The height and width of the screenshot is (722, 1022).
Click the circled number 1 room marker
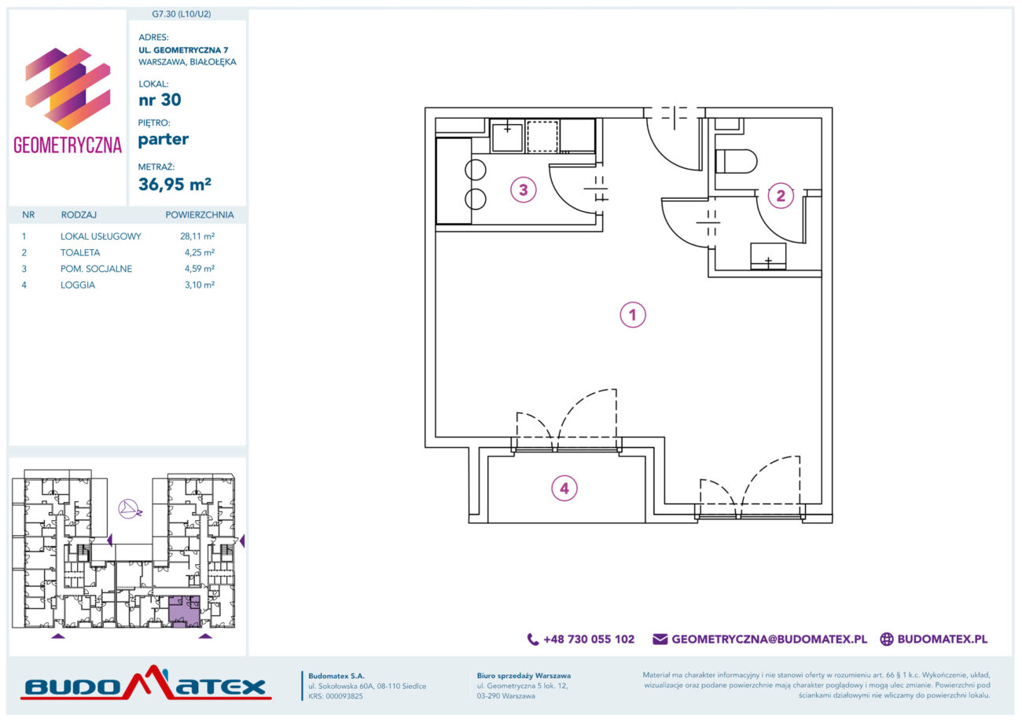pyautogui.click(x=632, y=314)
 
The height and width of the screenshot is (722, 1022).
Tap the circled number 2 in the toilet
pyautogui.click(x=781, y=196)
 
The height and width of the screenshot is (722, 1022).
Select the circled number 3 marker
pyautogui.click(x=524, y=189)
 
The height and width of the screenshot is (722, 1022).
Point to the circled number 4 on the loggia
pyautogui.click(x=564, y=488)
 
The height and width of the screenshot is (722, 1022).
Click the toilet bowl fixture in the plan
pyautogui.click(x=737, y=161)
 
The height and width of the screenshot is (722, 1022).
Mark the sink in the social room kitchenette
pyautogui.click(x=507, y=135)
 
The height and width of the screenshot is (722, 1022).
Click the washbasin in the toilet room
pyautogui.click(x=768, y=255)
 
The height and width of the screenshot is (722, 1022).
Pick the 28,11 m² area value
pyautogui.click(x=197, y=236)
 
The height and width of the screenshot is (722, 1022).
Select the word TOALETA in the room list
pyautogui.click(x=80, y=252)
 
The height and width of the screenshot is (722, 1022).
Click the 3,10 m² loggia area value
pyautogui.click(x=200, y=285)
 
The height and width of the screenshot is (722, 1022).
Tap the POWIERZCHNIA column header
pyautogui.click(x=200, y=215)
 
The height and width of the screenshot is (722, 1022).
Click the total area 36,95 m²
pyautogui.click(x=175, y=184)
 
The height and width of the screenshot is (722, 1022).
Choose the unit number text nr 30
pyautogui.click(x=160, y=100)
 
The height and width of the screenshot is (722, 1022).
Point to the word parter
pyautogui.click(x=163, y=139)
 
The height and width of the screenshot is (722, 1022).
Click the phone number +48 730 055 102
pyautogui.click(x=589, y=639)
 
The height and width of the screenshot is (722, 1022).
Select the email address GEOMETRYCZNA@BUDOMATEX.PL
pyautogui.click(x=769, y=639)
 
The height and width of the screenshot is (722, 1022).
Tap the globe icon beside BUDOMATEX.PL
pyautogui.click(x=887, y=639)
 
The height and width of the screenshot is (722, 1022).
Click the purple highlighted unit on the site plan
pyautogui.click(x=184, y=611)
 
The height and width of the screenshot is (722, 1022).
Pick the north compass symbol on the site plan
pyautogui.click(x=130, y=509)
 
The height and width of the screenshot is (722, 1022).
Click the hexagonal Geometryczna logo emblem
pyautogui.click(x=68, y=89)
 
